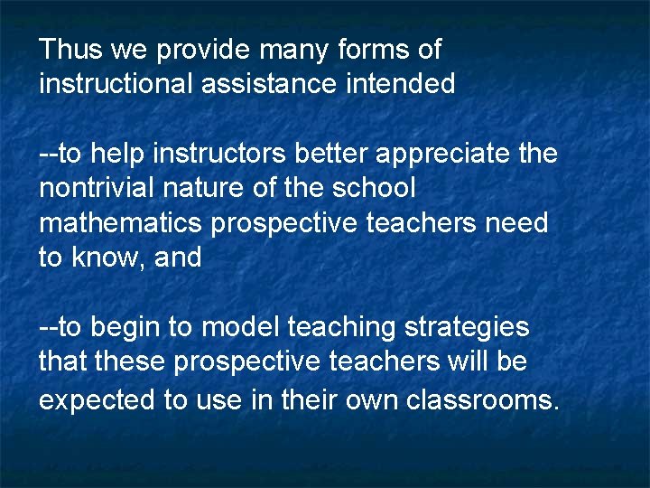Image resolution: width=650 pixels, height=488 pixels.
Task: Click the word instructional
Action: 115,84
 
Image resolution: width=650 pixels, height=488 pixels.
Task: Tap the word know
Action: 109,258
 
